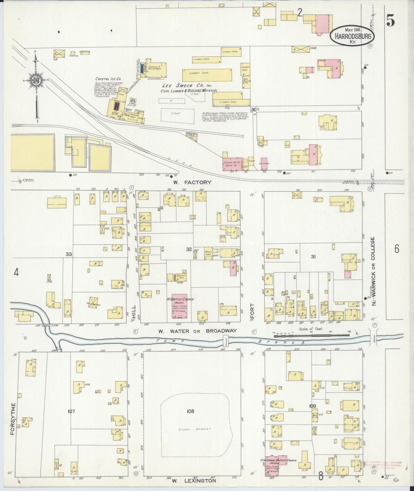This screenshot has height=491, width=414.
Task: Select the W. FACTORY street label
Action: click(x=192, y=182)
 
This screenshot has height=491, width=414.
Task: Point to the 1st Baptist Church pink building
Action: click(x=179, y=306)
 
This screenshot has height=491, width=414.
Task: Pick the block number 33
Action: click(x=69, y=254)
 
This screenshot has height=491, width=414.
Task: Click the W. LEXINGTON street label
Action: click(x=194, y=481)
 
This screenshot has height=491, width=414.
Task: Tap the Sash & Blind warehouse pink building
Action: click(x=232, y=164)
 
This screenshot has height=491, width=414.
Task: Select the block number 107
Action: click(x=71, y=411)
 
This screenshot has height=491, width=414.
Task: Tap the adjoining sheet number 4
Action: click(x=16, y=273)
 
